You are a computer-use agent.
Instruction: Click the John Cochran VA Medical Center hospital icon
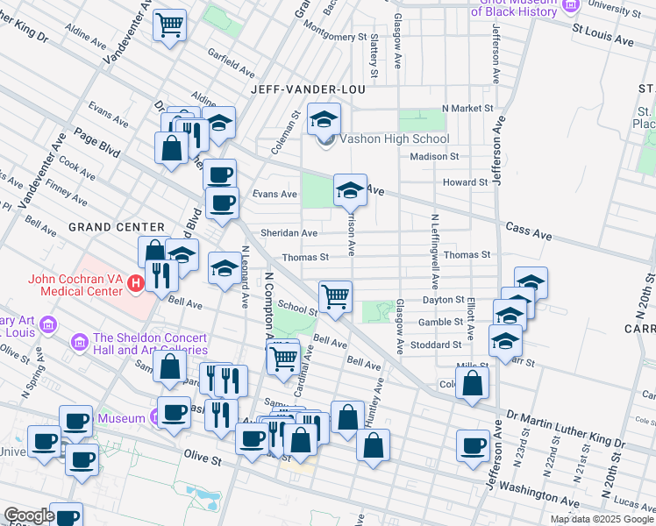(135, 283)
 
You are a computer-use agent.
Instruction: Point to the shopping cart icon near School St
(335, 296)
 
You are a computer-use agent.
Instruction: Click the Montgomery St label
(331, 37)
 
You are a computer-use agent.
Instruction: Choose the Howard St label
(465, 182)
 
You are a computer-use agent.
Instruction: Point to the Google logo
(29, 515)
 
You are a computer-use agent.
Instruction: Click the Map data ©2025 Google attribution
(603, 519)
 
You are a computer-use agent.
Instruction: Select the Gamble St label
(440, 322)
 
